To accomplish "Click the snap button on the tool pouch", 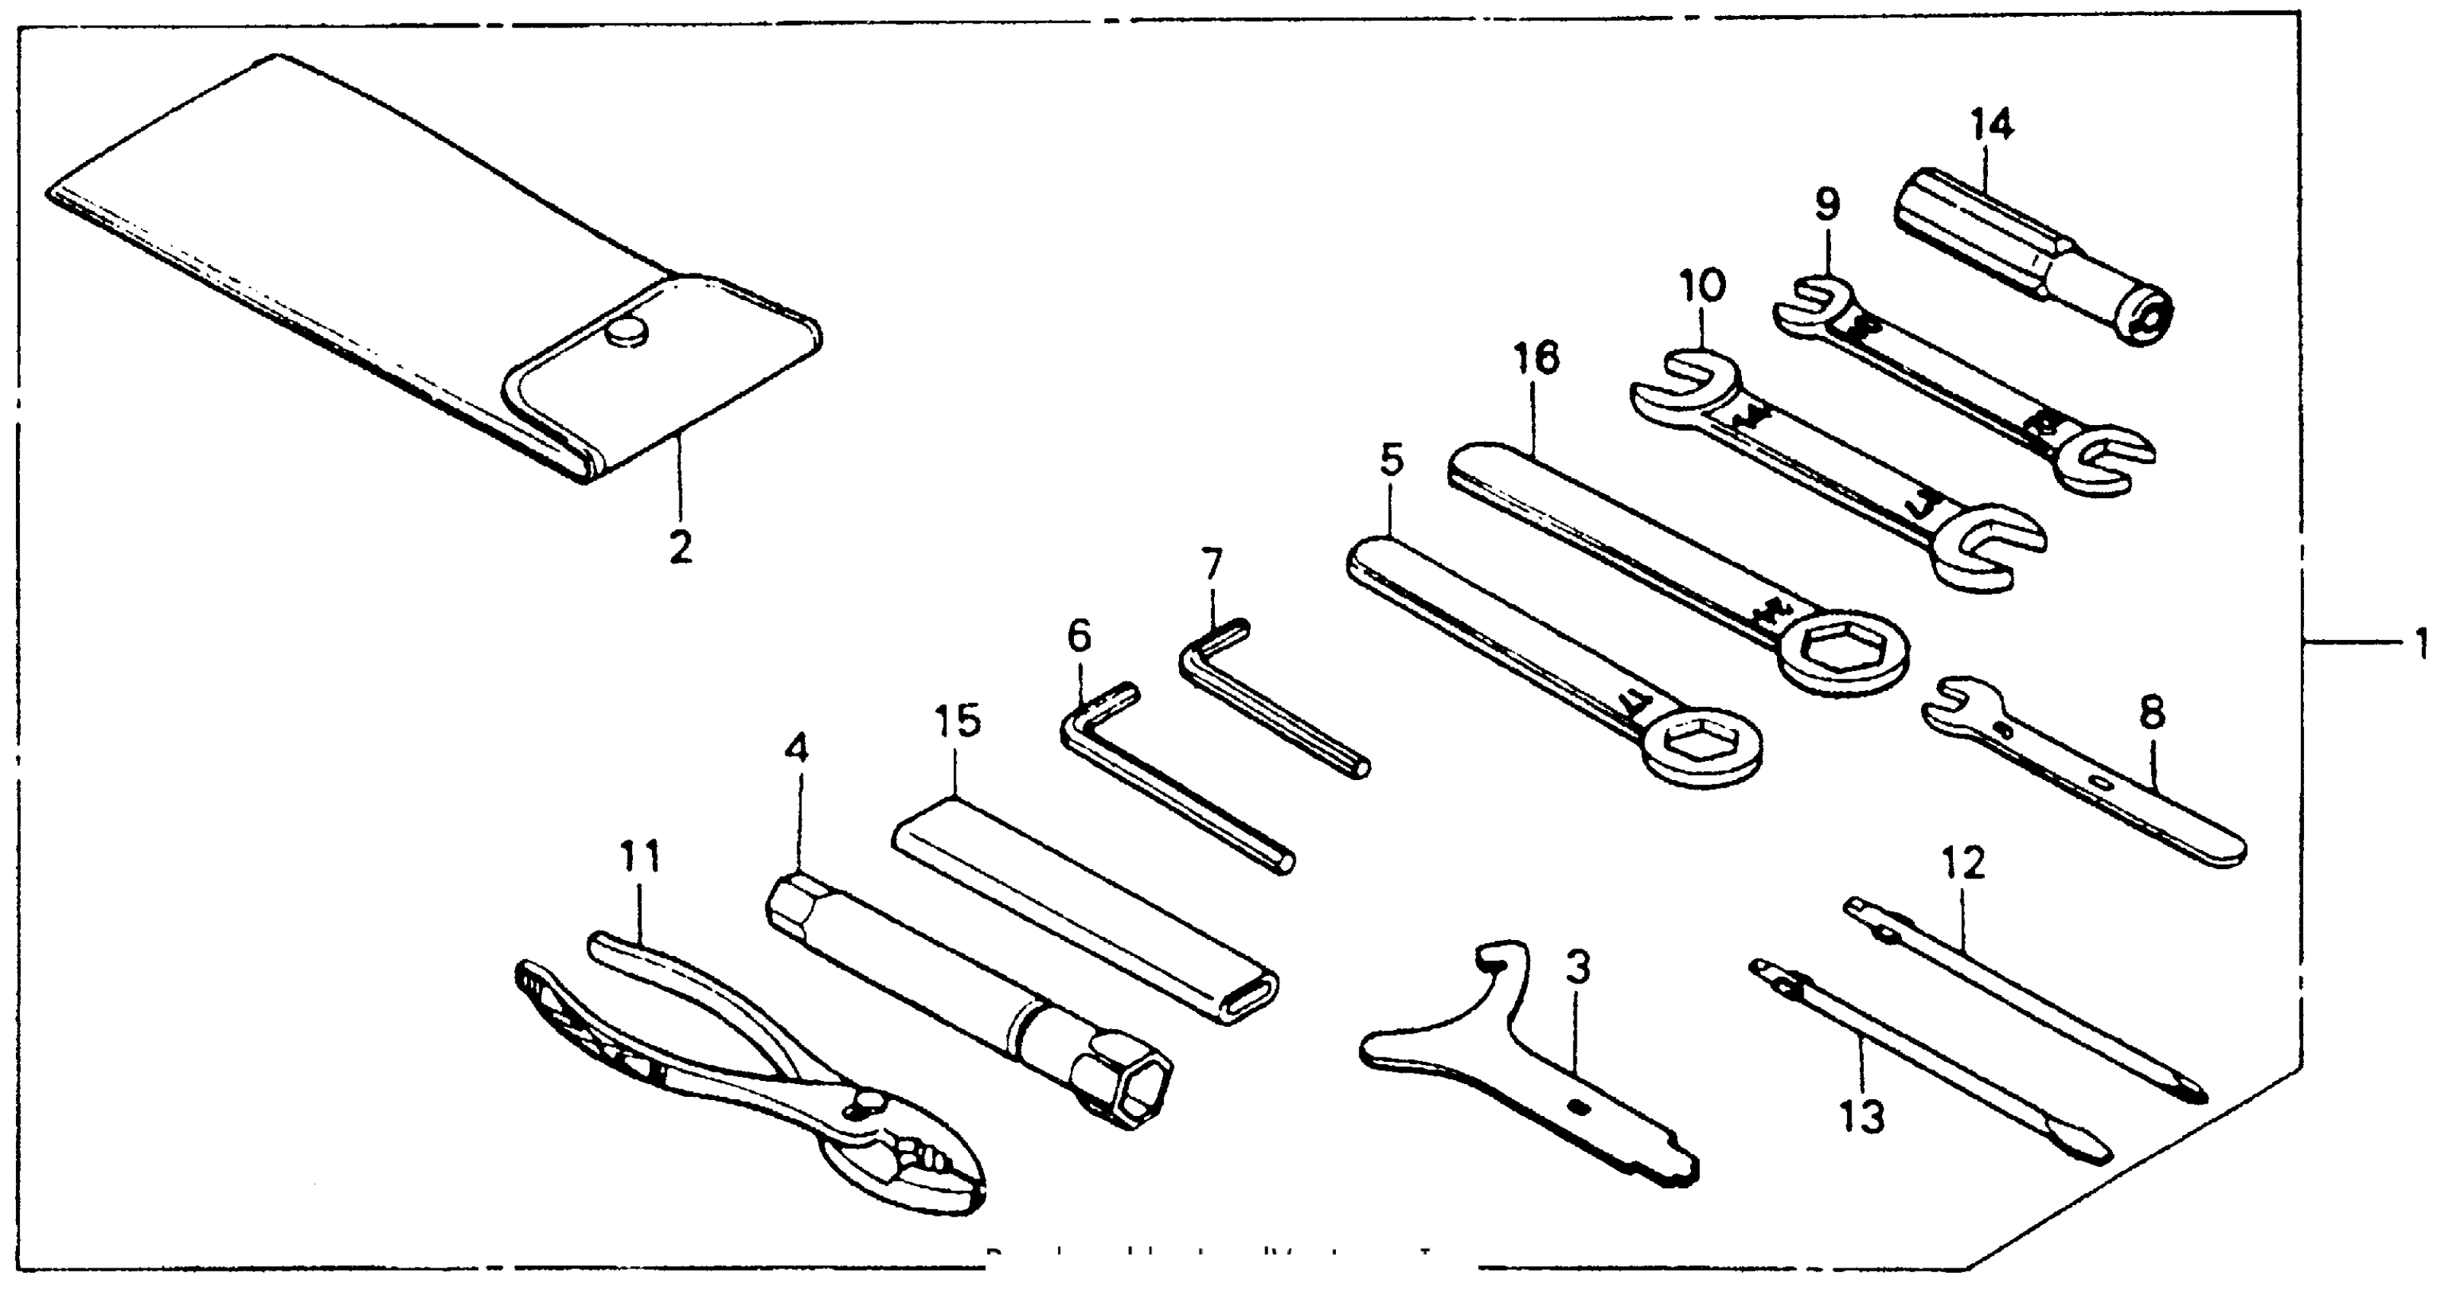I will (x=627, y=334).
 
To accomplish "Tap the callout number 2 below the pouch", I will (x=679, y=547).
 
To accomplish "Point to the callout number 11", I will (x=640, y=858).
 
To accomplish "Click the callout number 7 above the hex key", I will (x=1212, y=564).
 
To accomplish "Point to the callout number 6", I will (x=1079, y=637).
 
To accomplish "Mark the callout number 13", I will (x=1861, y=1115).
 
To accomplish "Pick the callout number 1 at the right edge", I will (x=2421, y=644).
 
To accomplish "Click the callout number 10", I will (x=1702, y=285).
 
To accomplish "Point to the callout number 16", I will (x=1536, y=359).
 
